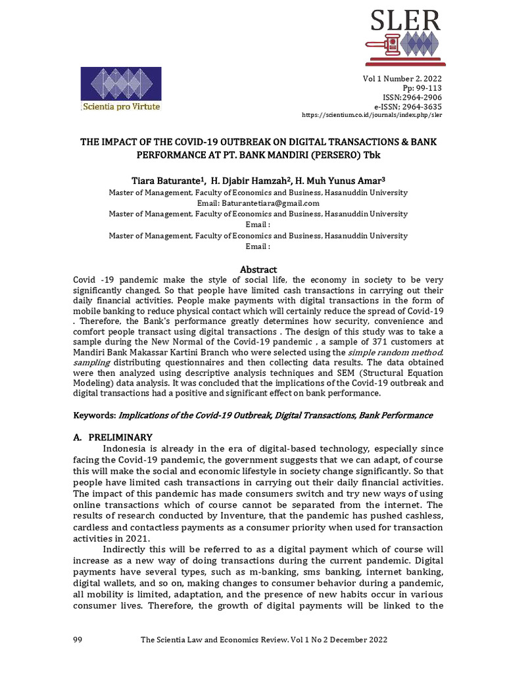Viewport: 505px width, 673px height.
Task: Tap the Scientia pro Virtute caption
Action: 120,106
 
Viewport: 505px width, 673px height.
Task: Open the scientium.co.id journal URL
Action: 372,115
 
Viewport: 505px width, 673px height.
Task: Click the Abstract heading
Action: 258,269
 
